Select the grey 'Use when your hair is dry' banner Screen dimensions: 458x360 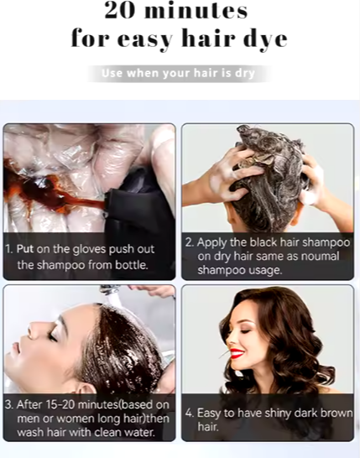pyautogui.click(x=179, y=74)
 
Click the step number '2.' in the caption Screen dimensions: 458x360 pyautogui.click(x=190, y=242)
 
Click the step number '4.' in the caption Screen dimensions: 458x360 pyautogui.click(x=190, y=412)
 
